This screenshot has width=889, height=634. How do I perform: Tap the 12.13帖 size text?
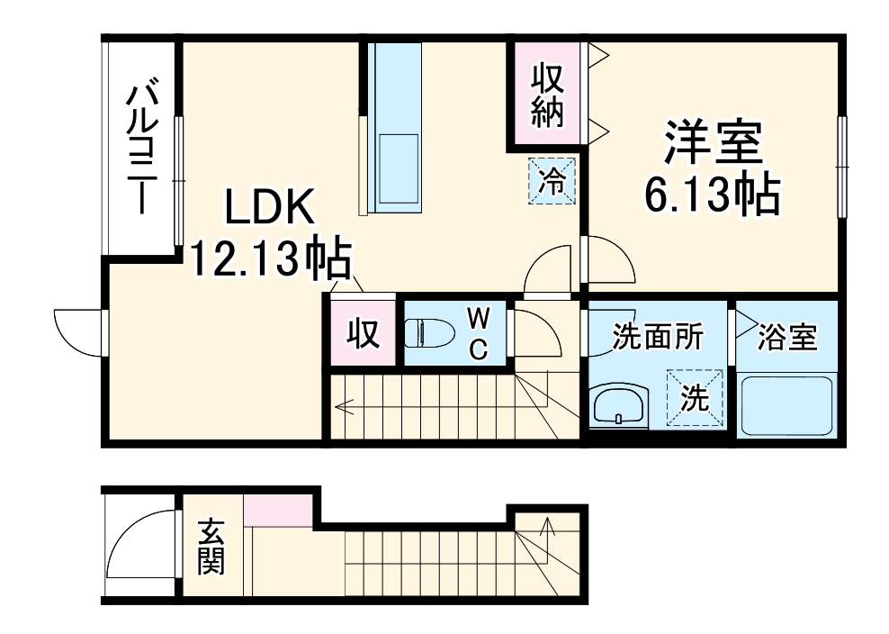(x=269, y=260)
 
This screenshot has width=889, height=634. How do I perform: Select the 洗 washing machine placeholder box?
(x=695, y=397)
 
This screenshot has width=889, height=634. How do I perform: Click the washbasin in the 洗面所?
(x=619, y=405)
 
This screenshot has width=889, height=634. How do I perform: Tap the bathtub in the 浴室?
(x=787, y=406)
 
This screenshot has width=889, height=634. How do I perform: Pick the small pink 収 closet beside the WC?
(x=362, y=333)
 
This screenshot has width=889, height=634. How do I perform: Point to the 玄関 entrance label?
(x=211, y=548)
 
